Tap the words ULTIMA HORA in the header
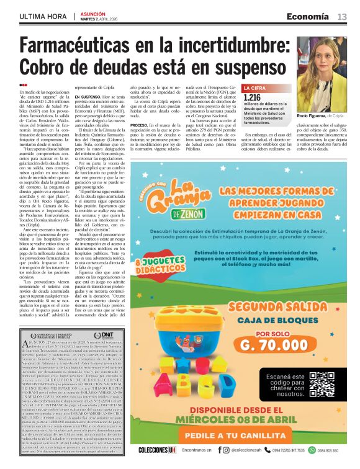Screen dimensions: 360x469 coord(42,17)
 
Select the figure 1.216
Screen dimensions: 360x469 coord(253,97)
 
